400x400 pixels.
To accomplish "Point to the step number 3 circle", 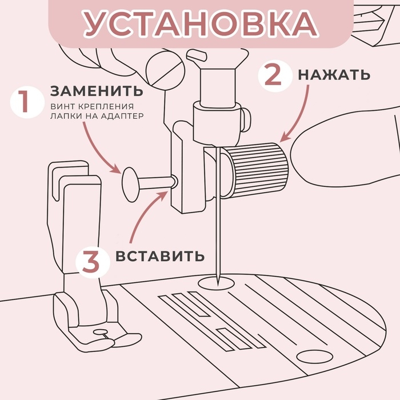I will coord(93,262).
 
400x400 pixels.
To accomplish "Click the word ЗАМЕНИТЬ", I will coord(97,91).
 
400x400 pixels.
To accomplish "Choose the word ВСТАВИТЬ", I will coord(159,255).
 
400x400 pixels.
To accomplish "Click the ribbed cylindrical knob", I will coord(257,170).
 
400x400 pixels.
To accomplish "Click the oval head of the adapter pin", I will coord(130,182).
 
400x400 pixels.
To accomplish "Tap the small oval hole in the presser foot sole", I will coord(101,331).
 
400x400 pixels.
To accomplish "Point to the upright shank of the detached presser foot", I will coord(80,229).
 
